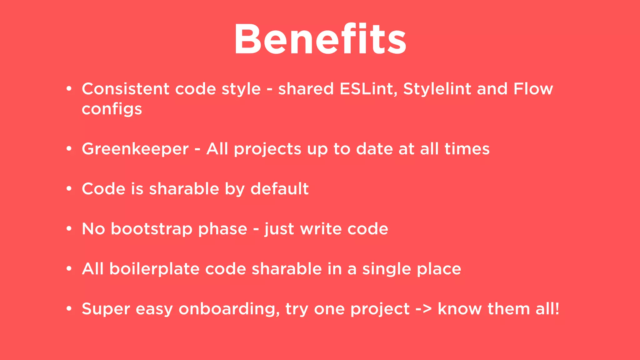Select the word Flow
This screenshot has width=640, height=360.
533,89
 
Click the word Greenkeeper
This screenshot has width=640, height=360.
135,149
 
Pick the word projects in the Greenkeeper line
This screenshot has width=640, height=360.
267,149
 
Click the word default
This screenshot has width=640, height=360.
279,189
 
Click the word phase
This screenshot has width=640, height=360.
222,229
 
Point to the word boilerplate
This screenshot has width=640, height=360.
154,269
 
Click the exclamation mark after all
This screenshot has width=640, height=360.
557,309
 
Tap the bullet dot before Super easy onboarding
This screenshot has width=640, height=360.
69,309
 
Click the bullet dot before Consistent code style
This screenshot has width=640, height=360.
69,89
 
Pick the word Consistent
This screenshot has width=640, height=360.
125,89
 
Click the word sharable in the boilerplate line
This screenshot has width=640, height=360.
287,269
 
